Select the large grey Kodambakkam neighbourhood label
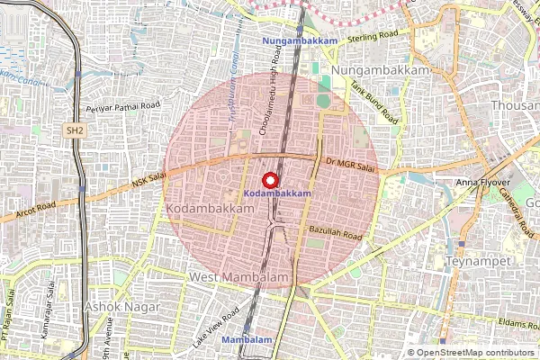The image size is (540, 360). (x=210, y=209)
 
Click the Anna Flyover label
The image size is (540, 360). (x=480, y=183)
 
